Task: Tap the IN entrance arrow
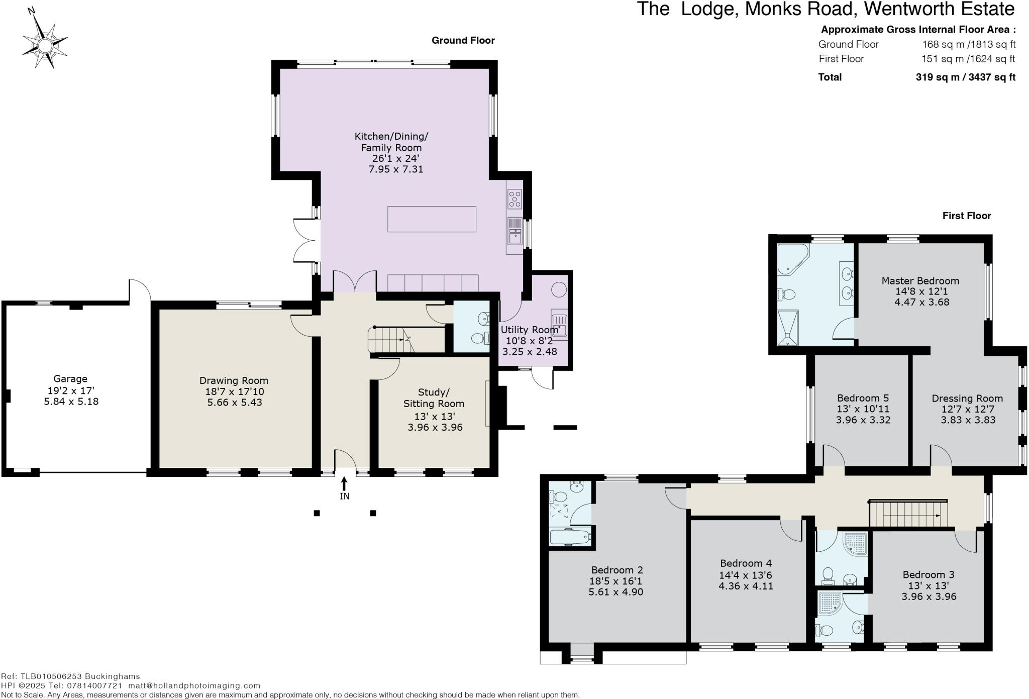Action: [344, 483]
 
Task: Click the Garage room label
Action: [70, 379]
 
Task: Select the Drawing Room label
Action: [234, 380]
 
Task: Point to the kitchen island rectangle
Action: [432, 219]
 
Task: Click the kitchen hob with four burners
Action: [514, 198]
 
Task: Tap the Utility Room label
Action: [529, 330]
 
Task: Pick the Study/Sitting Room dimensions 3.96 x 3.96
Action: [435, 427]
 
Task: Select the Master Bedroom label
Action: [920, 280]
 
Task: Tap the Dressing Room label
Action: [967, 398]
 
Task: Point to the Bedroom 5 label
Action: [863, 398]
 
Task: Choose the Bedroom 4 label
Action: [746, 563]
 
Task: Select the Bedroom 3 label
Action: [929, 574]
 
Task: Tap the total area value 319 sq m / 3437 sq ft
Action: [965, 77]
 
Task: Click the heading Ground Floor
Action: [463, 41]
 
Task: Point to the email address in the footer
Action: [194, 685]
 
